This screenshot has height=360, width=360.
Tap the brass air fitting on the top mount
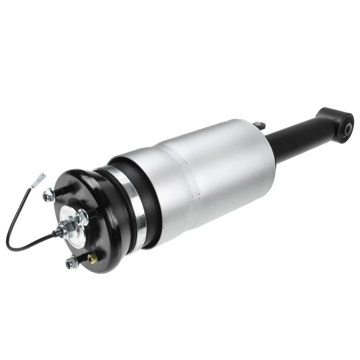93,257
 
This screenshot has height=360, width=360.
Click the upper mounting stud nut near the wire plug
50,195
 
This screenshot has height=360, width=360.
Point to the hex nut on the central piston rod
68,226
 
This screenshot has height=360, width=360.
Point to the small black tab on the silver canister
259,125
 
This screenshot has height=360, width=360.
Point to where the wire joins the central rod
58,232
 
